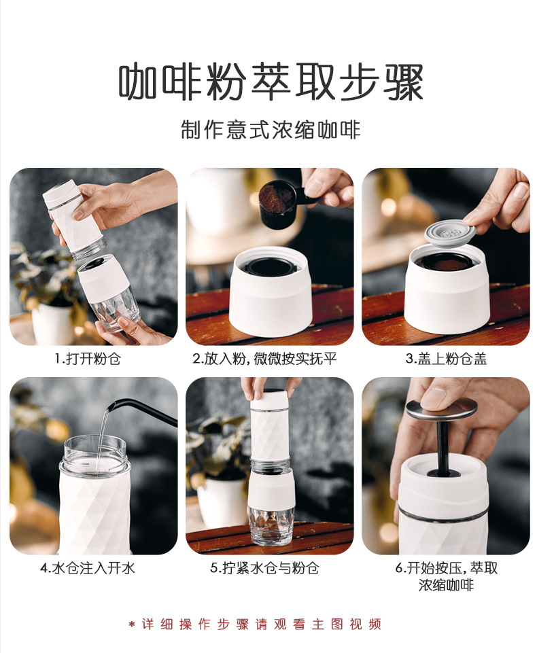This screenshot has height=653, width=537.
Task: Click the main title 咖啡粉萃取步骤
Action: tap(271, 82)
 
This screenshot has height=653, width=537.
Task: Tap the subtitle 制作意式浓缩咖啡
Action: tap(271, 130)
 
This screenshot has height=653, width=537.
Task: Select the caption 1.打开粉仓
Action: tap(88, 359)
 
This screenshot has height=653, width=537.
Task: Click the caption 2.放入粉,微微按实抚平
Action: tap(264, 359)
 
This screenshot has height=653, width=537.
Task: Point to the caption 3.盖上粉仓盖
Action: tap(446, 359)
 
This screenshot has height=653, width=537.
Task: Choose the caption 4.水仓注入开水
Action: tap(88, 568)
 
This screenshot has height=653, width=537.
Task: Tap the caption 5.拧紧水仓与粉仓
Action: tap(264, 568)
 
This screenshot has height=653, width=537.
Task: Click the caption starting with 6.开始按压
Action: tap(446, 576)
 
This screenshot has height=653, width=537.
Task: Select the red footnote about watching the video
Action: tap(255, 624)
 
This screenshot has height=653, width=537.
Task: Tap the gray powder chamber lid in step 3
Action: tap(450, 232)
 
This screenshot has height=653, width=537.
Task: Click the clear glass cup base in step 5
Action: tap(271, 525)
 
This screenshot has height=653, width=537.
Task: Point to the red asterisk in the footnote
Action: tap(132, 624)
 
